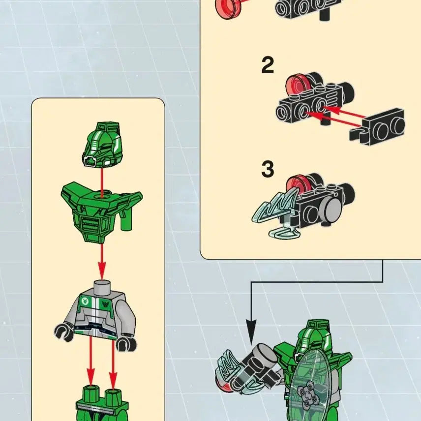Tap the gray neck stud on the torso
[x=102, y=287]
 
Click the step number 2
[x=268, y=65]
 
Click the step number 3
[x=268, y=169]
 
